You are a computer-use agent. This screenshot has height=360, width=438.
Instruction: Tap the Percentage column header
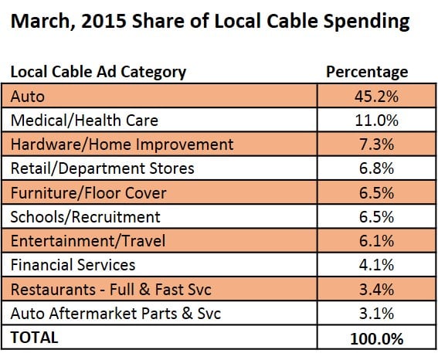point(367,73)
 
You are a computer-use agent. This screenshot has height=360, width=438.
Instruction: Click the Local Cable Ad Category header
point(98,73)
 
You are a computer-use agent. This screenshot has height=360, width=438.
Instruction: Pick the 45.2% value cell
point(376,97)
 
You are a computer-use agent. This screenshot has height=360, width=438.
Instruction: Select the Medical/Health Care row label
point(84,121)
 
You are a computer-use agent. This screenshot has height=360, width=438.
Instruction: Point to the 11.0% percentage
point(376,121)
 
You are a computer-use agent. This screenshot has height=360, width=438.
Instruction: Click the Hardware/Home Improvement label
point(122,144)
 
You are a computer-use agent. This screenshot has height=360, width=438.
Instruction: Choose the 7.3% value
point(376,144)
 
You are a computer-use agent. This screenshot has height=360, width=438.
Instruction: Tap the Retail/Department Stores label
point(102,168)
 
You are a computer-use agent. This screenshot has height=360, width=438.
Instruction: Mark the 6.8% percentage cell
point(376,168)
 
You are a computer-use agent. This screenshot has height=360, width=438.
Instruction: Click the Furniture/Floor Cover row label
point(89,193)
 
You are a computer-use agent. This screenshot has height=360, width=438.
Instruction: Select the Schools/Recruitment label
point(86,217)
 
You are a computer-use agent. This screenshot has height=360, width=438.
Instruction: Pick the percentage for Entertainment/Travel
point(376,241)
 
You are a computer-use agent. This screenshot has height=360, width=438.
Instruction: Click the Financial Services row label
point(73,265)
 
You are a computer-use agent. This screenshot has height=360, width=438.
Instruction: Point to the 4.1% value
point(376,265)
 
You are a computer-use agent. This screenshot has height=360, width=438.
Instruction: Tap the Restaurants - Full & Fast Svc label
point(111,290)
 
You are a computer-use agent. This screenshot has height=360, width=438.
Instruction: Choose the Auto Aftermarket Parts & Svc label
point(116,314)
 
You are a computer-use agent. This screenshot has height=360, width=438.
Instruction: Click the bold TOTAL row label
point(34,338)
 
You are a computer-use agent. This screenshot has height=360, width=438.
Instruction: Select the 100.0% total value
point(376,339)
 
